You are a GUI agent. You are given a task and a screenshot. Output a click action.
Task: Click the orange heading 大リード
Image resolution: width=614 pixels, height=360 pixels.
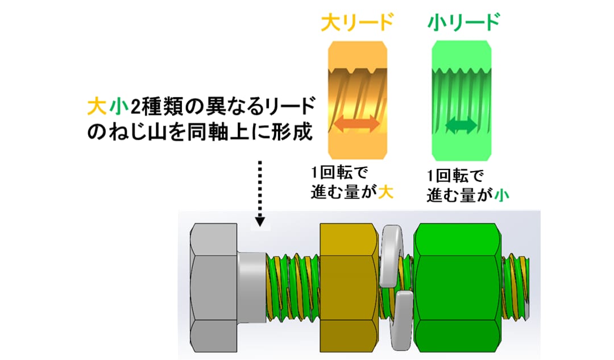[356, 22]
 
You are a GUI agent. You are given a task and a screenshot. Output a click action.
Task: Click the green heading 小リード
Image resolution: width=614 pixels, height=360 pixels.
[464, 22]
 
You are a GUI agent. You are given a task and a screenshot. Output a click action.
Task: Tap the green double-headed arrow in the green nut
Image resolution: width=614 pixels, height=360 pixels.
[461, 125]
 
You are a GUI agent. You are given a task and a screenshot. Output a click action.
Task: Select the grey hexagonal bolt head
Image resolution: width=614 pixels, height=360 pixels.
[214, 288]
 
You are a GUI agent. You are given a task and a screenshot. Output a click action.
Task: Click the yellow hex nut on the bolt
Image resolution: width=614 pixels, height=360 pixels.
[350, 288]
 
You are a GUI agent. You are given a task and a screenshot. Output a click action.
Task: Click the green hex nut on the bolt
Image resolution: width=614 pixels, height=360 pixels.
[457, 288]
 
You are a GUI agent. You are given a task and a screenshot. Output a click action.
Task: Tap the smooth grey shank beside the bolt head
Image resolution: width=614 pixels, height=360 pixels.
[252, 288]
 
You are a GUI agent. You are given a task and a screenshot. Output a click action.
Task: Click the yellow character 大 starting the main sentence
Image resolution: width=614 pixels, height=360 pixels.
[97, 106]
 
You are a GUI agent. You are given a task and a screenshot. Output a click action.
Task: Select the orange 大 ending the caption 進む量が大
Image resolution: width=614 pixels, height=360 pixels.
[385, 192]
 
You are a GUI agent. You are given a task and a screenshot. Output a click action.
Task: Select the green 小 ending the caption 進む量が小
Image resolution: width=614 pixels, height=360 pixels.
[501, 195]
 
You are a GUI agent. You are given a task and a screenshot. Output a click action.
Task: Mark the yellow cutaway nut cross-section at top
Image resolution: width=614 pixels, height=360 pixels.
[358, 100]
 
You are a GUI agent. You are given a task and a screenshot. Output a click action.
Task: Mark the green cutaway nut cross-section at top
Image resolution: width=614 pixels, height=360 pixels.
[462, 101]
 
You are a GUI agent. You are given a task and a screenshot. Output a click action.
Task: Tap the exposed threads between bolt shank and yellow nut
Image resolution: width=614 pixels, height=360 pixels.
[293, 288]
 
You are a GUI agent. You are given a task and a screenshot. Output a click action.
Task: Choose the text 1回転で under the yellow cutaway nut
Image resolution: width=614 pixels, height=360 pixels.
[339, 173]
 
